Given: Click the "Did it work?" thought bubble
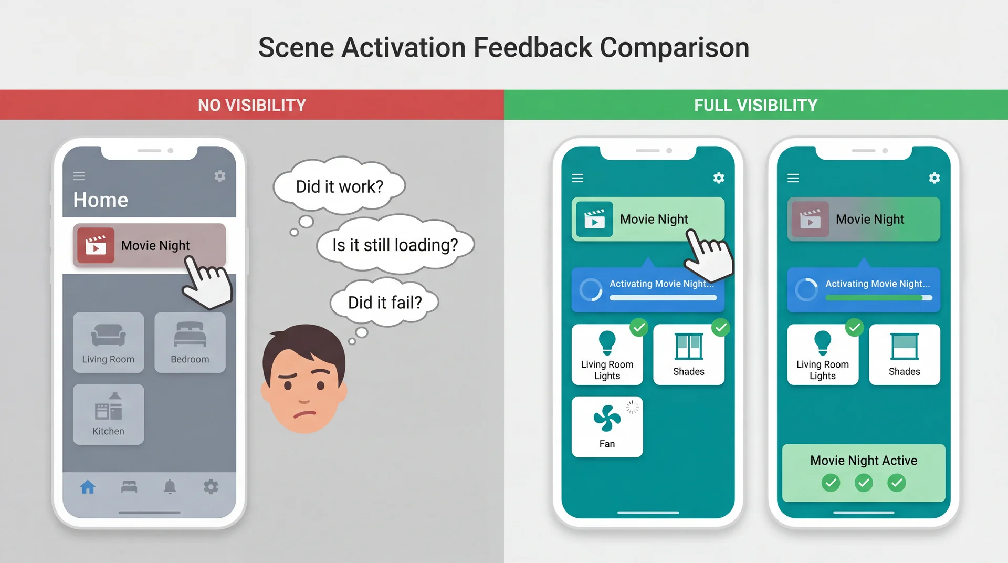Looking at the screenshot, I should coord(339,186).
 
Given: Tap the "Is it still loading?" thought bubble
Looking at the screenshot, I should coord(395,245).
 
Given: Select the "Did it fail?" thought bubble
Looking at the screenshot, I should coord(384,303).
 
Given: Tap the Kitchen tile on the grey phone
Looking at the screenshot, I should coord(108,414).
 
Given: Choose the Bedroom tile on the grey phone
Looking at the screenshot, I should coord(190,342).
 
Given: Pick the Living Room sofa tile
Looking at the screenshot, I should coord(108,342).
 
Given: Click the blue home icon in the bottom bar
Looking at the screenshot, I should coord(88,487).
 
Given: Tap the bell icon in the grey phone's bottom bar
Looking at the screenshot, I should coord(170,487).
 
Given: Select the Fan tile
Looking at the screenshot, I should coord(607,426).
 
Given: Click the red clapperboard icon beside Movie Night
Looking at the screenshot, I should coord(96,245).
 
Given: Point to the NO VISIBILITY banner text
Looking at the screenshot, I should coord(252,105).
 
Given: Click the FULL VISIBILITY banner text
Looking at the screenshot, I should coord(755,105).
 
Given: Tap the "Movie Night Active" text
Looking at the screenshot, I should coord(864,461).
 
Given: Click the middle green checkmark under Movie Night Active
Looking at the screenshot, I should coord(864,483).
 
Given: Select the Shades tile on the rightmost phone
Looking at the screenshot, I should coord(904,355).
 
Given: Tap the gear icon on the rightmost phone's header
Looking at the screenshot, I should coord(934,178).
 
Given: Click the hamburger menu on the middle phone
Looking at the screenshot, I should coord(577,178).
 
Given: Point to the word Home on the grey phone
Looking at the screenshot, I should coord(100,200).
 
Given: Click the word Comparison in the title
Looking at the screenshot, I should coord(674,47).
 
